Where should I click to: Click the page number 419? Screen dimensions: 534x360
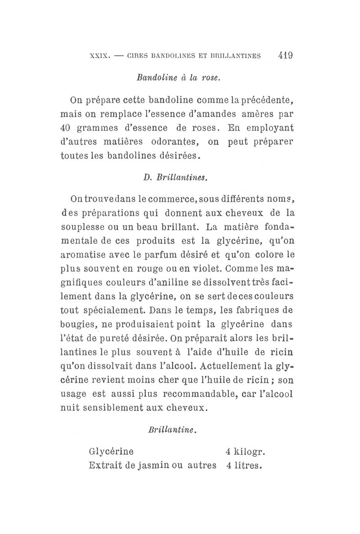coord(285,56)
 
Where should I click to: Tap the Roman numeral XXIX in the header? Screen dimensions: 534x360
coord(100,57)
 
